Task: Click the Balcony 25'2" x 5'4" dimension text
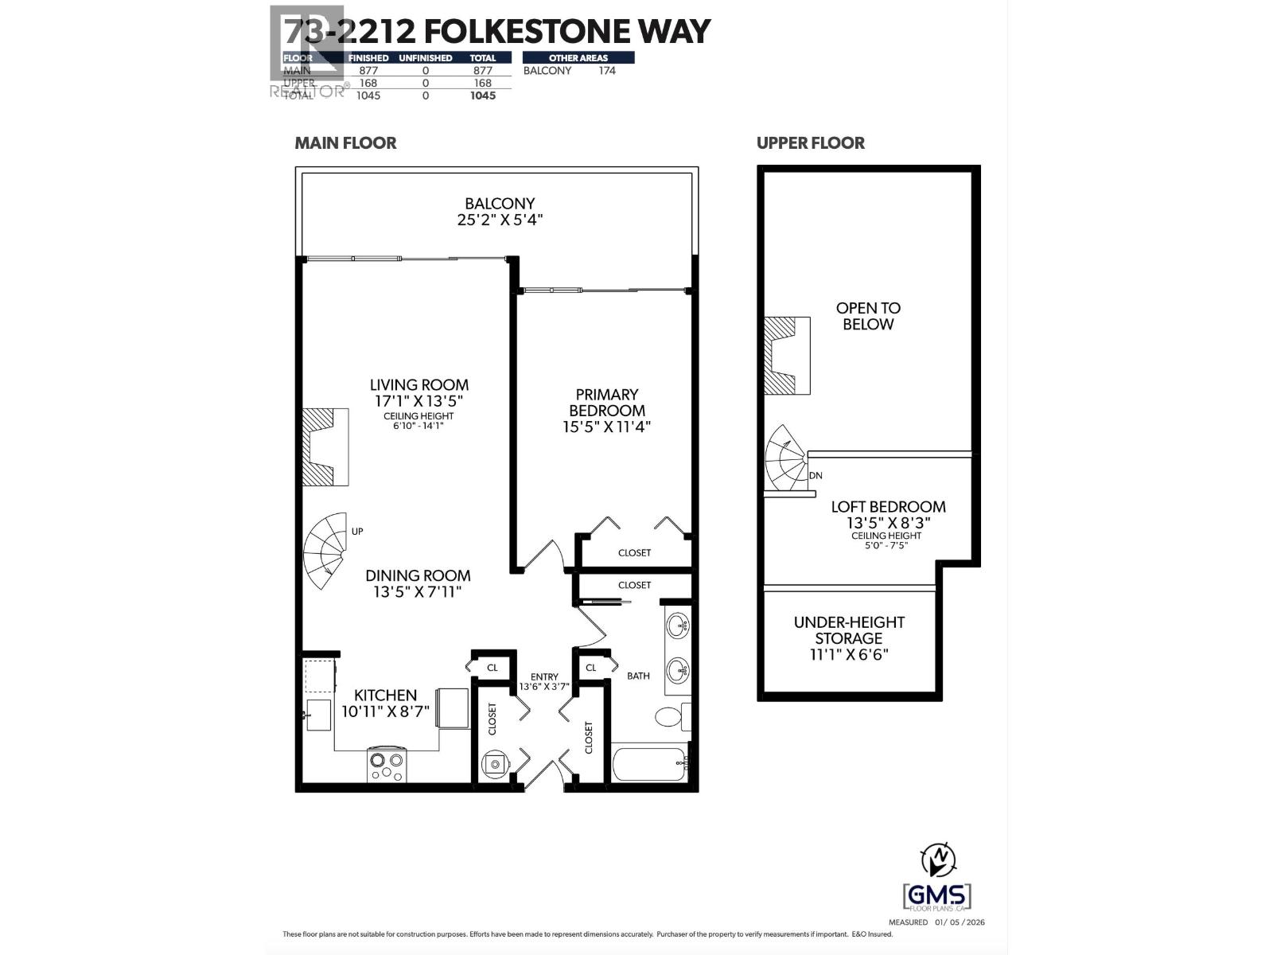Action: [x=500, y=220]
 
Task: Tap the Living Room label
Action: [x=418, y=385]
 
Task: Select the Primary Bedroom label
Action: [x=606, y=403]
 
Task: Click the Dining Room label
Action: [x=418, y=575]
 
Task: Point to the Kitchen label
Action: [x=385, y=695]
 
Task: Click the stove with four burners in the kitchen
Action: [x=387, y=766]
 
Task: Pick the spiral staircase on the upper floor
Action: [x=787, y=460]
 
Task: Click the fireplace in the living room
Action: [x=325, y=447]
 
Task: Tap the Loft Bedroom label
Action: [x=888, y=507]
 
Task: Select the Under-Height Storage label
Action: [x=849, y=630]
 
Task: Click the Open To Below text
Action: [x=868, y=316]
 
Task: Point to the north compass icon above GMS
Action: [x=939, y=859]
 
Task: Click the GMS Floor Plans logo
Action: [x=938, y=897]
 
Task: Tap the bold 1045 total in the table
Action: [x=482, y=95]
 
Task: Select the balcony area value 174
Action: [x=607, y=70]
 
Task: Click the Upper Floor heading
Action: [x=810, y=143]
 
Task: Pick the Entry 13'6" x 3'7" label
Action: [x=545, y=681]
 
